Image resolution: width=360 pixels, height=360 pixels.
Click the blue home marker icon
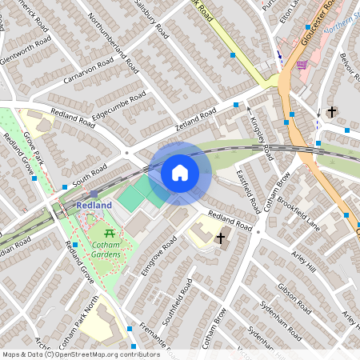180,172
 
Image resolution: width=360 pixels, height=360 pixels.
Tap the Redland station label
94,206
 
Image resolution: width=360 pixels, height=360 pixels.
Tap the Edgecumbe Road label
118,106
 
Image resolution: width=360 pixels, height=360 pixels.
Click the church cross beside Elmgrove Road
222,238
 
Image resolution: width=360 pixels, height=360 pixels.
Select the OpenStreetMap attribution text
70,354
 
